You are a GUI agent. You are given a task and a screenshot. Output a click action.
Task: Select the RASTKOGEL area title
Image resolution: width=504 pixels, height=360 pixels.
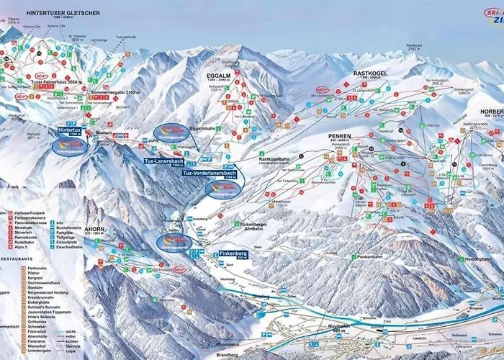[372, 73]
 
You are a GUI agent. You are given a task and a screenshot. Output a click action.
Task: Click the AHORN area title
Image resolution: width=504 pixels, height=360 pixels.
[94, 209]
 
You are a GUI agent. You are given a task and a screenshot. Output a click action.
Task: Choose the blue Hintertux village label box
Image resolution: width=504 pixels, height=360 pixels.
[72, 132]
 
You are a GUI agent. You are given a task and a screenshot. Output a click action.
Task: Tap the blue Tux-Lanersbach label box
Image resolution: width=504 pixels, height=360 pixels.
[163, 161]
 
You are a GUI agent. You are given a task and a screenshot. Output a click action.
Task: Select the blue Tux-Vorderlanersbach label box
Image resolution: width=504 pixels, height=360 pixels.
[208, 174]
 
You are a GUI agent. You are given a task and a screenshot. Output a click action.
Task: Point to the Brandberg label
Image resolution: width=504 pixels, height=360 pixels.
[227, 355]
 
